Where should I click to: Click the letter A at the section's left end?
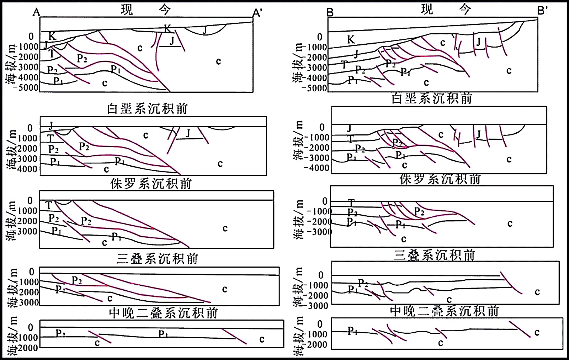36,12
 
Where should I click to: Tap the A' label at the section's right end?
257,13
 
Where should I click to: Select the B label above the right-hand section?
330,13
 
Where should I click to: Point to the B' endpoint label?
543,11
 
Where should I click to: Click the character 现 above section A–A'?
127,10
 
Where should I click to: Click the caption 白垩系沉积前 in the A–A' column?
147,108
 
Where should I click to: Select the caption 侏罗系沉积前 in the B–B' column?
440,179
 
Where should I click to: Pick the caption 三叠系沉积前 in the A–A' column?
157,258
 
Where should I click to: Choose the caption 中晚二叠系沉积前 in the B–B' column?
445,311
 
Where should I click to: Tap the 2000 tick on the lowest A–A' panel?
28,348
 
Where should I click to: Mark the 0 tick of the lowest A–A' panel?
31,327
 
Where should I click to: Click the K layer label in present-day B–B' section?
351,40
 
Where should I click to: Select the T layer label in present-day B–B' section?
344,64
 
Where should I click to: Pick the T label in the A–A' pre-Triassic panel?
49,205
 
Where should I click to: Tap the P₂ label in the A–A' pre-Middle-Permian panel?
77,280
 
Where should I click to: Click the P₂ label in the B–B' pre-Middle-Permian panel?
363,283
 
